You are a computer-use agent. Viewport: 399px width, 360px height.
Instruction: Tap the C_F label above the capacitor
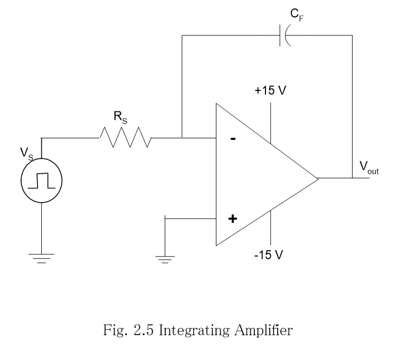[x=298, y=15]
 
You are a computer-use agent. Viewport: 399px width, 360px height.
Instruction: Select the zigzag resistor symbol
[x=126, y=138]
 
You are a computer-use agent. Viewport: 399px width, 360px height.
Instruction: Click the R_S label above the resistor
[x=120, y=117]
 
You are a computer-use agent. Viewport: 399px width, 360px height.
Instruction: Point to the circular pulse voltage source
[x=41, y=181]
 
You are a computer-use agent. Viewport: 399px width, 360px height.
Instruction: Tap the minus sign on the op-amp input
[x=233, y=139]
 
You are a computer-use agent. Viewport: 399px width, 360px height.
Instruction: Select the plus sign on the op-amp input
[x=232, y=218]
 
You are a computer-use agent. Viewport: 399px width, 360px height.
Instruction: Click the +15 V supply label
[x=270, y=90]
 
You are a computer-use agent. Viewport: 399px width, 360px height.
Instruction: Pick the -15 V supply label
[x=269, y=255]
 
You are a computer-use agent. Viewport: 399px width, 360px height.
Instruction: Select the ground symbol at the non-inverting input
[x=165, y=258]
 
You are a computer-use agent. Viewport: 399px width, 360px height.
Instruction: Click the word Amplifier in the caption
[x=264, y=331]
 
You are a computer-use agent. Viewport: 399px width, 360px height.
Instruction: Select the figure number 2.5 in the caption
[x=145, y=331]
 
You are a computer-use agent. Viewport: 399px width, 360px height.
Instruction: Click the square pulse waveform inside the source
[x=41, y=181]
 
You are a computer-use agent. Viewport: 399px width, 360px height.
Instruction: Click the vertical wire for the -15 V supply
[x=271, y=227]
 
